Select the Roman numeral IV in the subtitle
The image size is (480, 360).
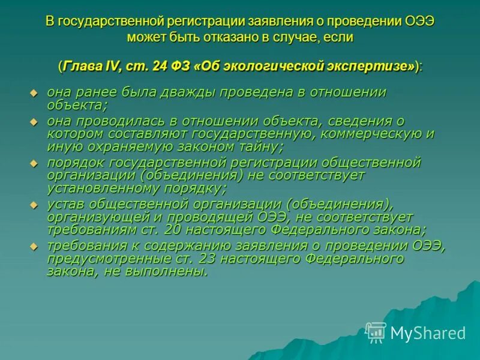click(113, 67)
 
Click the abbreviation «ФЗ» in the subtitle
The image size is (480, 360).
click(182, 67)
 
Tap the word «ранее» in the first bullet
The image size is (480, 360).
click(95, 92)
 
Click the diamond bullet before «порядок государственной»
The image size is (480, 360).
click(34, 163)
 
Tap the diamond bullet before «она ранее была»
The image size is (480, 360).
click(34, 93)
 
